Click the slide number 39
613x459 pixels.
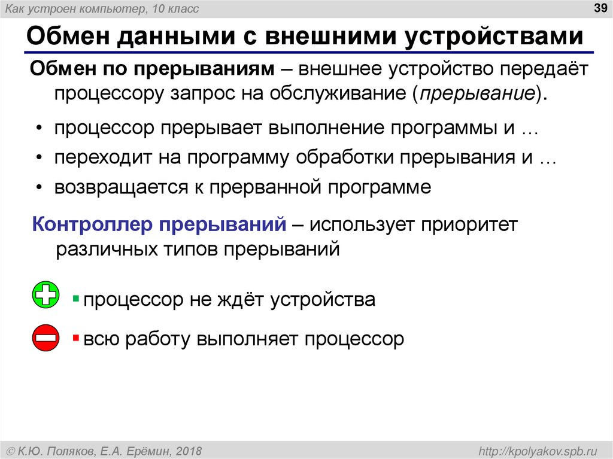(x=599, y=8)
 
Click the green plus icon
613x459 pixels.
(x=45, y=295)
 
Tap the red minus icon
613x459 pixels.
(x=45, y=338)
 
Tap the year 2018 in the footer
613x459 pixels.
(x=189, y=450)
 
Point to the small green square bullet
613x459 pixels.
(x=76, y=297)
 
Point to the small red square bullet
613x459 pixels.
(x=76, y=338)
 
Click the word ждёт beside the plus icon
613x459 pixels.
(x=238, y=299)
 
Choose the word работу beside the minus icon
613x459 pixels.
(x=151, y=339)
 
